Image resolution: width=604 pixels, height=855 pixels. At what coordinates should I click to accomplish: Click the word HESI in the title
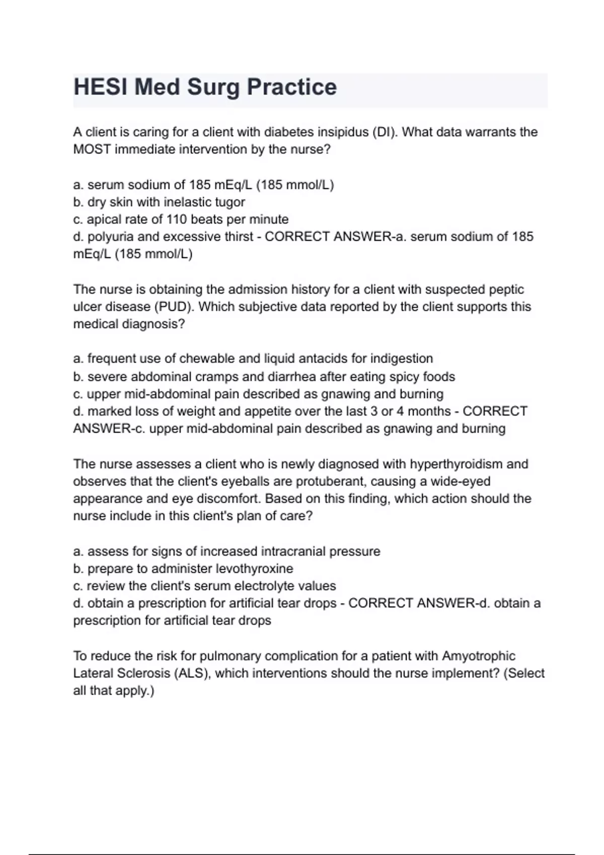pyautogui.click(x=101, y=87)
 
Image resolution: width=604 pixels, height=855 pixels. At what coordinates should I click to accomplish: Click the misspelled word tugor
pyautogui.click(x=230, y=202)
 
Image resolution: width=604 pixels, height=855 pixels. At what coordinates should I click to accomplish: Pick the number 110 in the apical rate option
pyautogui.click(x=176, y=219)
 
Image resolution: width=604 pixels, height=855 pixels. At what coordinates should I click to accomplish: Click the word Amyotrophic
pyautogui.click(x=478, y=656)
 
